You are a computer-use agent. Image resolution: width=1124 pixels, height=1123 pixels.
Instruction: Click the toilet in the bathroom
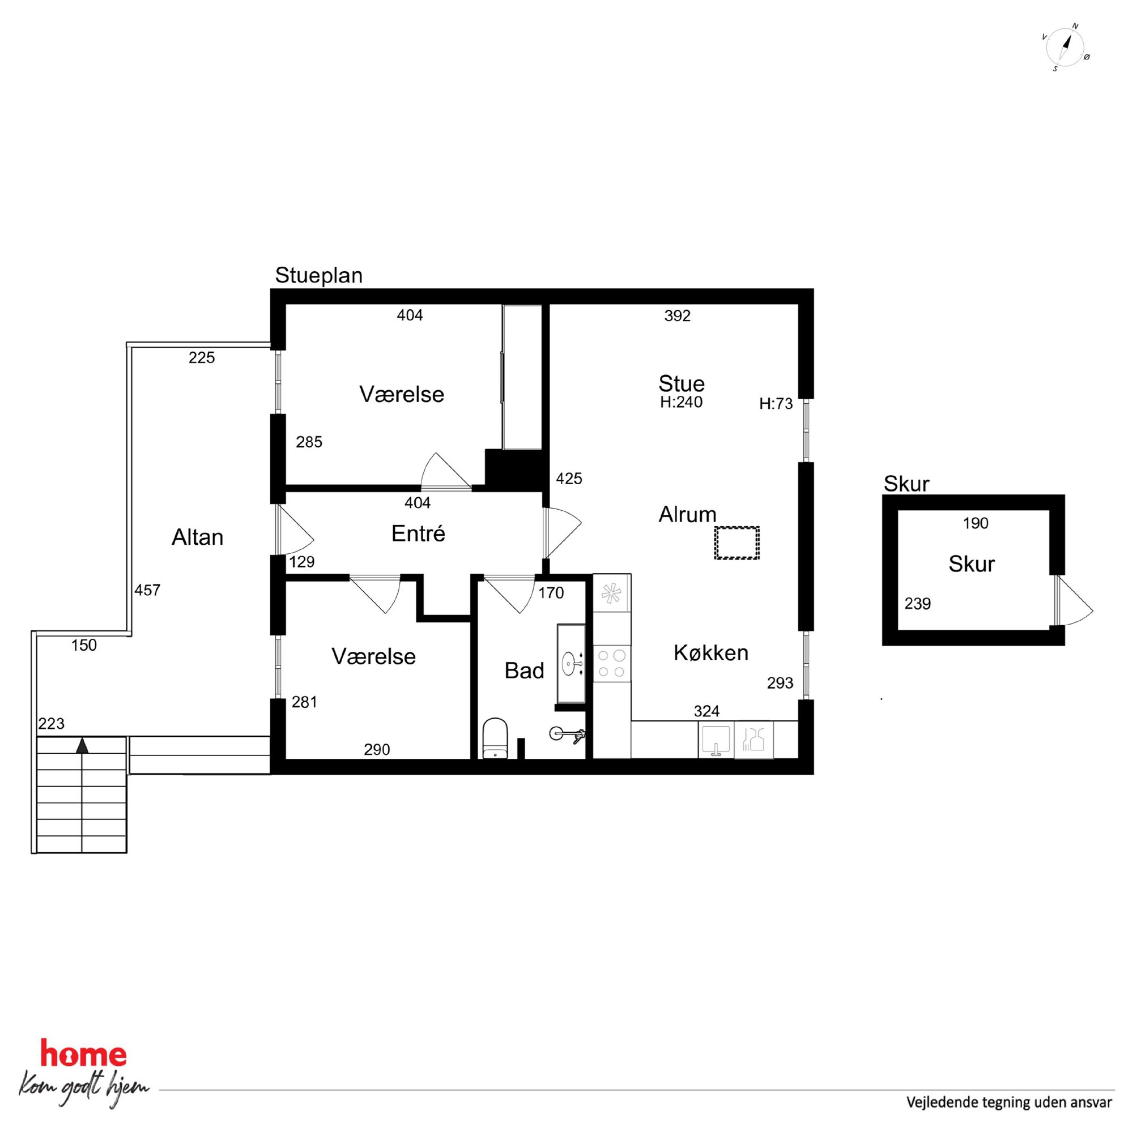(495, 738)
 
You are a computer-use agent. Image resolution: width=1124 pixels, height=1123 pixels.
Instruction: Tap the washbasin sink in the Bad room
(572, 661)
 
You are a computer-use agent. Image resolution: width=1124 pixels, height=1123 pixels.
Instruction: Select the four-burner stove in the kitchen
(611, 664)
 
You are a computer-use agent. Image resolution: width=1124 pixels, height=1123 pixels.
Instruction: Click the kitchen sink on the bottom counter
(716, 740)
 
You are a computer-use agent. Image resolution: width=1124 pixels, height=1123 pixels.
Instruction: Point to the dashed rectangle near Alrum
(736, 543)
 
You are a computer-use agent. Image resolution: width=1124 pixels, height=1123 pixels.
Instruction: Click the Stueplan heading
(319, 275)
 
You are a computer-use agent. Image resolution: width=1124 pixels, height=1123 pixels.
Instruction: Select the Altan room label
(197, 537)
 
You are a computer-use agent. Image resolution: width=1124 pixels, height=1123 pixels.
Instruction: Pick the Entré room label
(418, 533)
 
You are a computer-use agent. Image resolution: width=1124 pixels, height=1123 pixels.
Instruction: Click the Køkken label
(710, 652)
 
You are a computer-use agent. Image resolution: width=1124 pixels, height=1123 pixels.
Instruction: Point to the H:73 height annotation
(776, 404)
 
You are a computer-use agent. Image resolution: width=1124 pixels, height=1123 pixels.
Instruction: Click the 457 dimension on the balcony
(147, 590)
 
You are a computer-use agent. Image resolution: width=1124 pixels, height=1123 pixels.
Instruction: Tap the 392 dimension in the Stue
(677, 316)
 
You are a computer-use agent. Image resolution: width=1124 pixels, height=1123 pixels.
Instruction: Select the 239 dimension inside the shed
(917, 604)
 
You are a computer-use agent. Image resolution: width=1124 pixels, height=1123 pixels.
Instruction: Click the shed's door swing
(1074, 601)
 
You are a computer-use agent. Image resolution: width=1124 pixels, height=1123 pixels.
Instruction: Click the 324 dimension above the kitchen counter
(706, 711)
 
